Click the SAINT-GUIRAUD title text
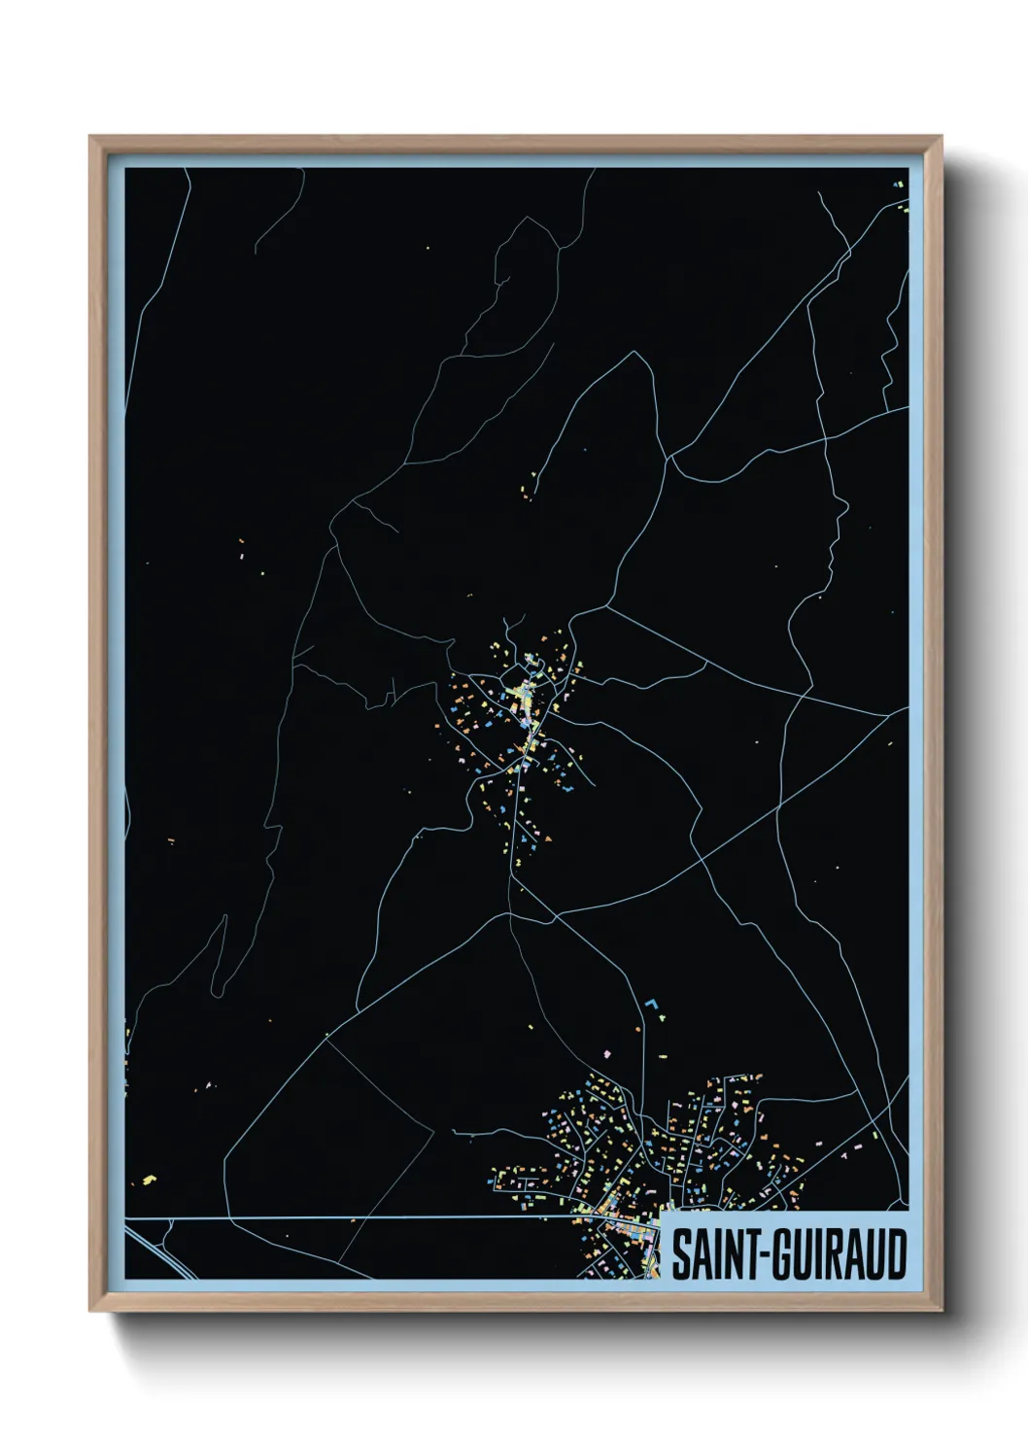pos(788,1254)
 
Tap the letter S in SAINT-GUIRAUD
pos(681,1254)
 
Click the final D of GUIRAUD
pos(896,1254)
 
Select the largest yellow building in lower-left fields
pos(148,1180)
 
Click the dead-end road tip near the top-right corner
pos(819,192)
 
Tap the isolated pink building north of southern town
pos(607,1053)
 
